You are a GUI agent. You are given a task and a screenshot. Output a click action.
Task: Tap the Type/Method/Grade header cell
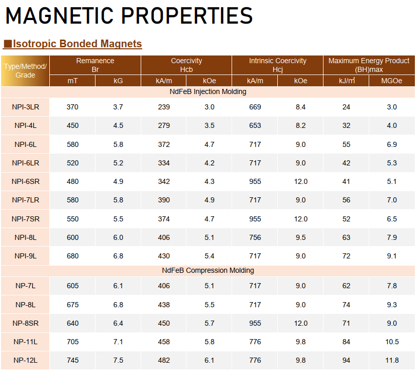coord(25,71)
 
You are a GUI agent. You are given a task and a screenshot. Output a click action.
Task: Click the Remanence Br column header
coord(95,64)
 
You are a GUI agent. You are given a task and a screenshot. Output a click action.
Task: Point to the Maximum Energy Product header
coord(369,64)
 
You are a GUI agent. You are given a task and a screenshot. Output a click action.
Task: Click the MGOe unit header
coord(392,81)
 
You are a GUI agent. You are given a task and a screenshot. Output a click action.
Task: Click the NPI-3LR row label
coord(25,107)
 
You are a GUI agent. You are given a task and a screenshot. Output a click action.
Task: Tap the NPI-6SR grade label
coord(25,181)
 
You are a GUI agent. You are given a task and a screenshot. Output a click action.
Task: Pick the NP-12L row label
coord(25,360)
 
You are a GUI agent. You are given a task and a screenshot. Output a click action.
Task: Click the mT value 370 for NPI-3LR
coord(72,107)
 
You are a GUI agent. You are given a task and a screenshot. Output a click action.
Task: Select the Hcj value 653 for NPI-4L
coord(255,125)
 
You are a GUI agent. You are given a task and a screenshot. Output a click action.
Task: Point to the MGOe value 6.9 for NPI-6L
coord(392,144)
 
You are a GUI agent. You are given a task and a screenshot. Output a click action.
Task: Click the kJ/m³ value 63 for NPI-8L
coord(346,237)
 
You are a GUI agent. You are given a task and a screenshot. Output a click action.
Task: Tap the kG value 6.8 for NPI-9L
coord(118,256)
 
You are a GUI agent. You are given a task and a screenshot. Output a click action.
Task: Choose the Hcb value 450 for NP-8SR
coord(164,323)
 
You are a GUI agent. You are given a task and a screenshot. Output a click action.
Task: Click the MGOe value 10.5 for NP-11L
coord(392,342)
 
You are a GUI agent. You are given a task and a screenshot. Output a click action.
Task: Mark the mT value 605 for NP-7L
coord(72,286)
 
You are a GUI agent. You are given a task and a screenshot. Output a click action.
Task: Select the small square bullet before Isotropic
coord(8,44)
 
